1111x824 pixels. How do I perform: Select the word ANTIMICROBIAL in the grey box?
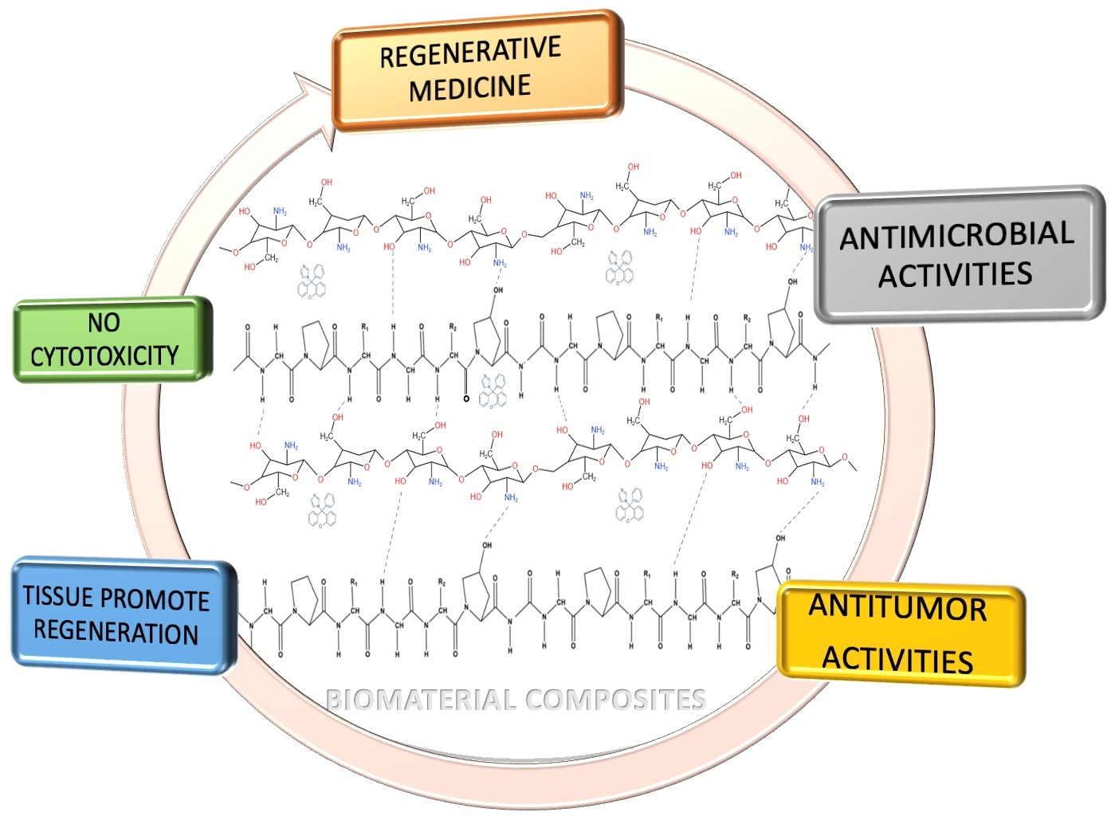coord(956,236)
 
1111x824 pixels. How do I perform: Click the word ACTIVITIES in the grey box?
coord(955,275)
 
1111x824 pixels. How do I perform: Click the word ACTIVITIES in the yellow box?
coord(897,659)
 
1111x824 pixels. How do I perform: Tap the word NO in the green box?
coord(104,323)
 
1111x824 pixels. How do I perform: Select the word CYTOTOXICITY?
coord(104,355)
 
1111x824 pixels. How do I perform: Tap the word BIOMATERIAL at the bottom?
coord(421,700)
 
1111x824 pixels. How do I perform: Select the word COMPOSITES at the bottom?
coord(615,700)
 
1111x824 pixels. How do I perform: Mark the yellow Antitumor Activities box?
coord(901,634)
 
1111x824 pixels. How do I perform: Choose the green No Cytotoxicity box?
coord(112,339)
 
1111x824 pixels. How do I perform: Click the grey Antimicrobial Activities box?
coord(960,255)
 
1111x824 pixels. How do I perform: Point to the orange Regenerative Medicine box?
coord(477,70)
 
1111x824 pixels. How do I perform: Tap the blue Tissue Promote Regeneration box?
coord(124,615)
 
